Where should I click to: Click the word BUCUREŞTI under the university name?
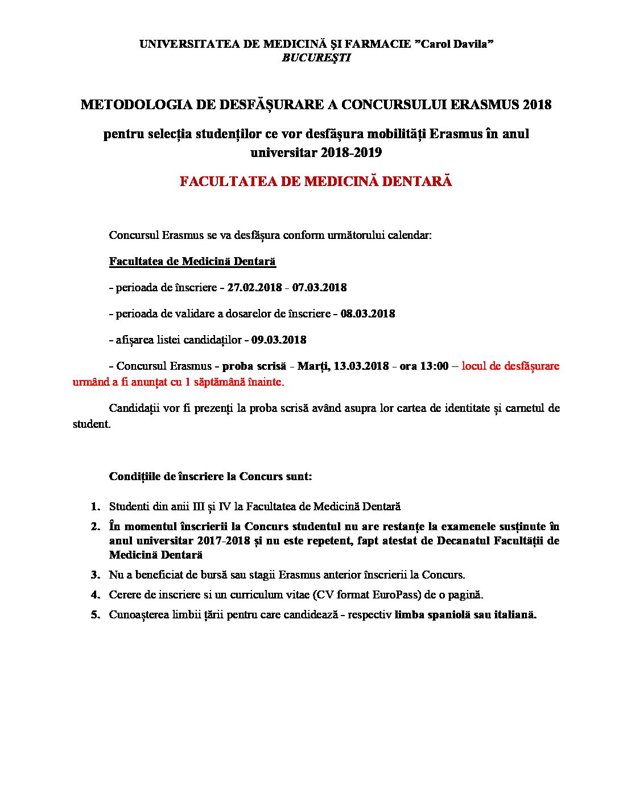[316, 57]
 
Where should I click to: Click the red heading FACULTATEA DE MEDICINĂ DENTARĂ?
[316, 181]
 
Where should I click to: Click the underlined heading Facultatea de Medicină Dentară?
[192, 262]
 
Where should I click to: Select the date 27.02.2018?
[254, 288]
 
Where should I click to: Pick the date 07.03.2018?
[319, 288]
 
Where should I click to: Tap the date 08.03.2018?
[368, 314]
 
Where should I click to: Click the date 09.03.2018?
[279, 340]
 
